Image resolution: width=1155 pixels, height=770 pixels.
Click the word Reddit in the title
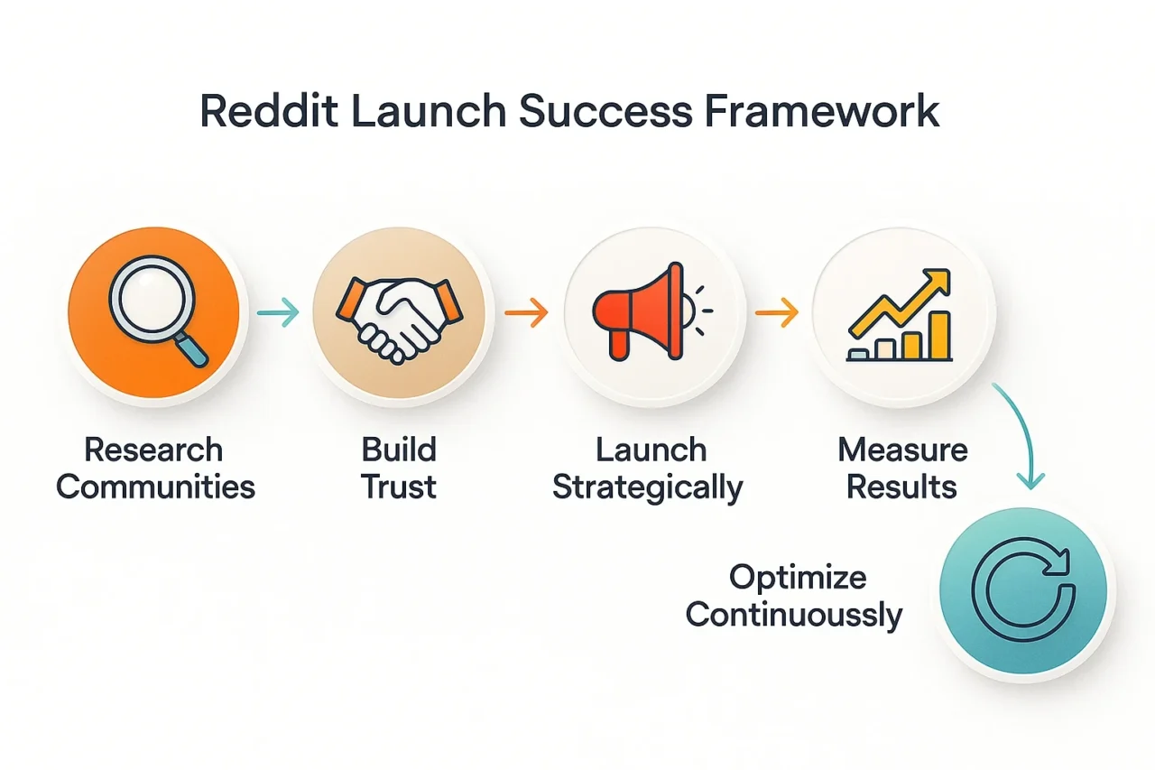pyautogui.click(x=269, y=110)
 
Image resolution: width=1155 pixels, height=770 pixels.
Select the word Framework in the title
pyautogui.click(x=821, y=110)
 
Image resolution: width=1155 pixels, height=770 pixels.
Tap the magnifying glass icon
pyautogui.click(x=157, y=311)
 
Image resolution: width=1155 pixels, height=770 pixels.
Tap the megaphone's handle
pyautogui.click(x=619, y=342)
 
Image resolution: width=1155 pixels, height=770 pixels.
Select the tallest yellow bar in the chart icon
pyautogui.click(x=940, y=335)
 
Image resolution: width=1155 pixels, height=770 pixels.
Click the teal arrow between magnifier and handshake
pyautogui.click(x=278, y=312)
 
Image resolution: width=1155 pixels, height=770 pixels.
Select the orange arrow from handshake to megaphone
pyautogui.click(x=526, y=312)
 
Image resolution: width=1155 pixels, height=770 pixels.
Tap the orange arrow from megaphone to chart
pyautogui.click(x=777, y=312)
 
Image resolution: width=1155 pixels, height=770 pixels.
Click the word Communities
pyautogui.click(x=156, y=487)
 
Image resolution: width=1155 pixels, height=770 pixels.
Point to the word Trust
pyautogui.click(x=399, y=487)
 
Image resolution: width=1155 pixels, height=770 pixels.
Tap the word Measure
pyautogui.click(x=903, y=450)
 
